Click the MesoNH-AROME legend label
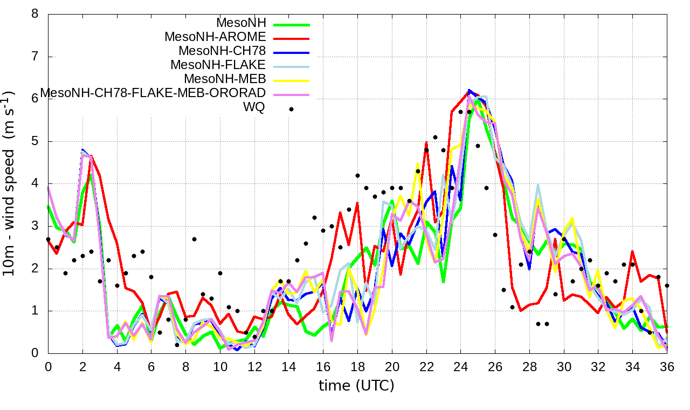(x=215, y=37)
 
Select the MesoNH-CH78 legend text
(x=222, y=51)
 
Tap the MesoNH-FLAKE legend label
(x=218, y=65)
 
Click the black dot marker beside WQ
(x=291, y=109)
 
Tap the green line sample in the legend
(x=292, y=24)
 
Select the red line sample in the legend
(x=292, y=38)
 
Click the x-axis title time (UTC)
(x=356, y=386)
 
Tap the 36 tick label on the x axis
(x=667, y=366)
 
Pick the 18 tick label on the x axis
(x=357, y=366)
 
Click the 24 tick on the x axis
(x=460, y=366)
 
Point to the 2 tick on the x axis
(x=82, y=366)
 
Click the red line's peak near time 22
(x=426, y=143)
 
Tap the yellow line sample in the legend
(x=292, y=80)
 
